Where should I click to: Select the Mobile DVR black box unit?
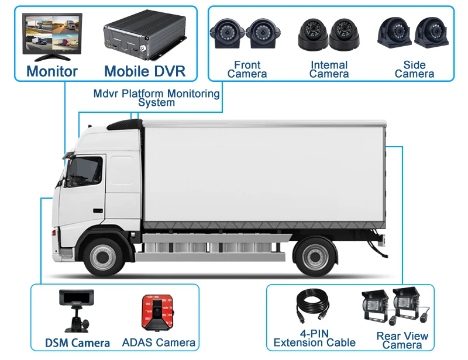click(x=144, y=36)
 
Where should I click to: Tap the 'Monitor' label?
click(x=51, y=72)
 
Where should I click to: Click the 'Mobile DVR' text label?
click(x=144, y=72)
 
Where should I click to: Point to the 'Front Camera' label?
click(x=247, y=69)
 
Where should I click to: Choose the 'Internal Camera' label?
click(x=329, y=69)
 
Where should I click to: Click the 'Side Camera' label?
click(x=414, y=69)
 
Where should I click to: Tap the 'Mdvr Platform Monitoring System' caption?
click(x=157, y=98)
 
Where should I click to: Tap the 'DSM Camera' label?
click(x=77, y=343)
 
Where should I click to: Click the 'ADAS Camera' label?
click(x=159, y=343)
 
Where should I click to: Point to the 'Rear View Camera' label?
click(x=402, y=341)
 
